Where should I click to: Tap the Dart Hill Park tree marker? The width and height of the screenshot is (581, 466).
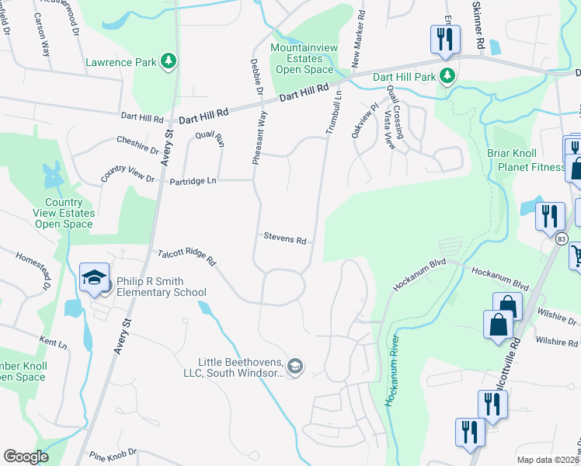[x=447, y=76]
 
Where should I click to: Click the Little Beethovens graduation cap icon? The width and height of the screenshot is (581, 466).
[x=294, y=366]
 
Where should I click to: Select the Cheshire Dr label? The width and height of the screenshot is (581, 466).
[x=138, y=144]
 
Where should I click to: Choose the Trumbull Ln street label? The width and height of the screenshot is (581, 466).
[x=333, y=113]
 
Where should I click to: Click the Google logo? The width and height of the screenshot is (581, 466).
[x=26, y=457]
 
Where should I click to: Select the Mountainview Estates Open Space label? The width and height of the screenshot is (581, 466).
[x=304, y=59]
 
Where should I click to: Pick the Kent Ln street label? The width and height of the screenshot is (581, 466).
[x=54, y=342]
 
